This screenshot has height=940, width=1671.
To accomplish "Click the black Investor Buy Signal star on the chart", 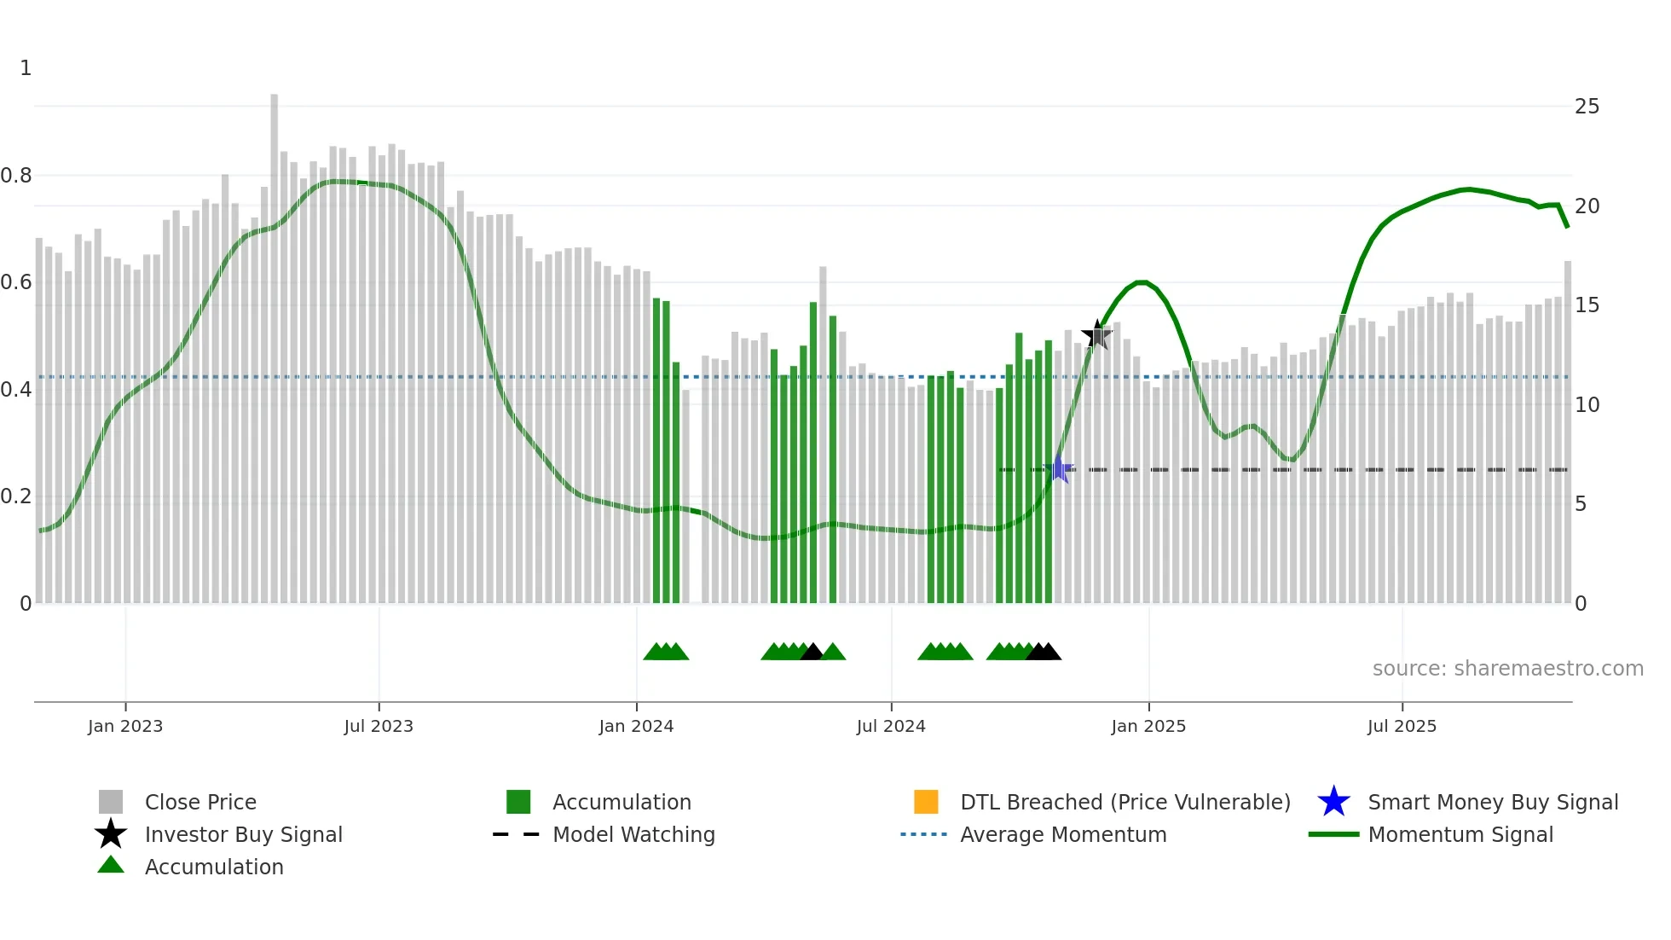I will click(1097, 334).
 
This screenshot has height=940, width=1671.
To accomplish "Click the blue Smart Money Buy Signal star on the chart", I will click(1058, 469).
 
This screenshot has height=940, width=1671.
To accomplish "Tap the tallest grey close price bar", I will click(275, 341).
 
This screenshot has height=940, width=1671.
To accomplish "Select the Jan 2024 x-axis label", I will click(636, 726).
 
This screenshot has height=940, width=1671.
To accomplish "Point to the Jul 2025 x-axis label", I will click(1402, 726).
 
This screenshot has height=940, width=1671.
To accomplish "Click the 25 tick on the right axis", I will click(1587, 107).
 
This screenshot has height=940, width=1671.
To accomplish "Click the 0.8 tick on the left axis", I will click(16, 176).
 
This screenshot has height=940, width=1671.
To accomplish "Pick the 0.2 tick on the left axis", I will click(16, 496).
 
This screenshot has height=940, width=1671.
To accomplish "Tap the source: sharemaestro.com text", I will click(1507, 669).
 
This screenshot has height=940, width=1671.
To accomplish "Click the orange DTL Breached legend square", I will click(926, 802).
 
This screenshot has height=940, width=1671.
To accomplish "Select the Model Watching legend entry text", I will click(633, 834).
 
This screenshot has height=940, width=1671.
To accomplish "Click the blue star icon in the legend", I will click(1333, 802).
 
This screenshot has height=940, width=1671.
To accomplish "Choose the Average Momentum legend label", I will click(1063, 834).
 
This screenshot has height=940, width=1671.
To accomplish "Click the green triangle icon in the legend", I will click(111, 865).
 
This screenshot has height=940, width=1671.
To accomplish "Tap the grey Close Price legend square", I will click(111, 802).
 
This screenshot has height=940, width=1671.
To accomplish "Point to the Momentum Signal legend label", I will click(1460, 834).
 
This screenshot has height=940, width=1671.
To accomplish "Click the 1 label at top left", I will click(26, 68).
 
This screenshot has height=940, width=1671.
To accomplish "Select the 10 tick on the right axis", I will click(1587, 404).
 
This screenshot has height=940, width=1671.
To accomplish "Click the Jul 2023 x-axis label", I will click(379, 726).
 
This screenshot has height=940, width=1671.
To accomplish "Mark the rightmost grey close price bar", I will click(1567, 426).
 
